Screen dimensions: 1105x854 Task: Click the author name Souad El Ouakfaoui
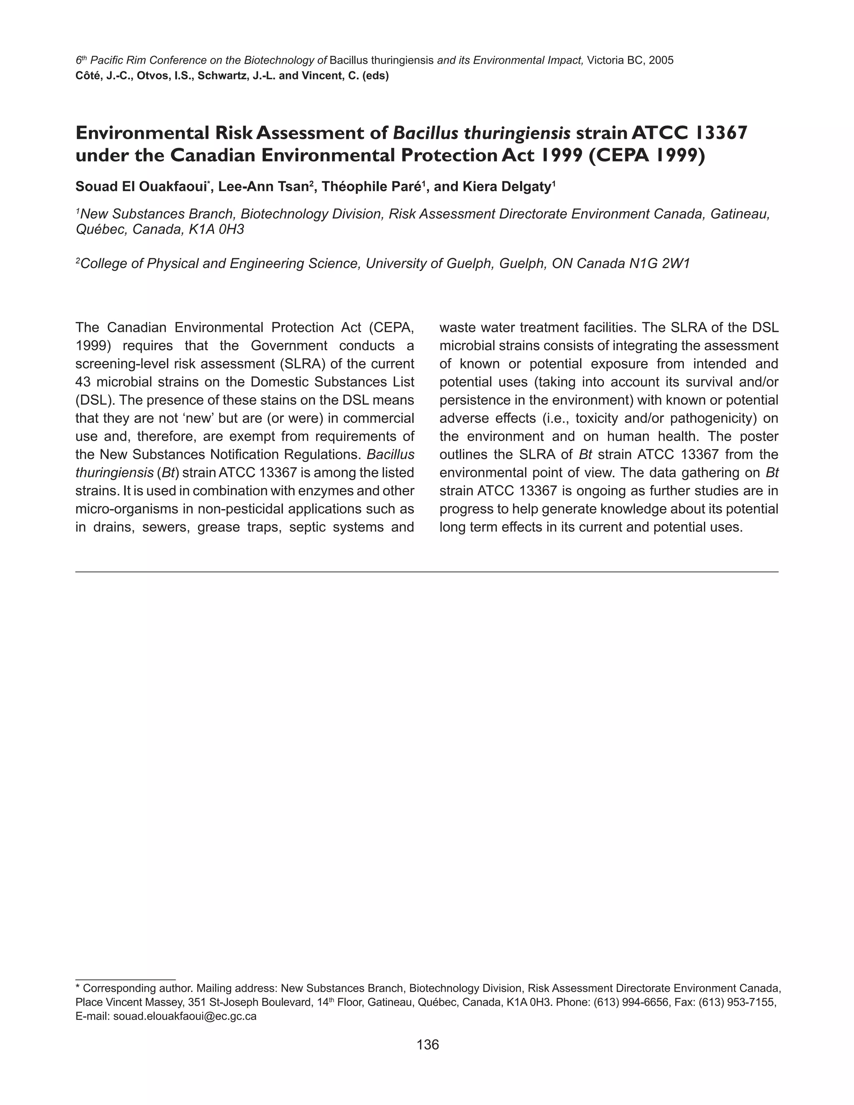tap(141, 187)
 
